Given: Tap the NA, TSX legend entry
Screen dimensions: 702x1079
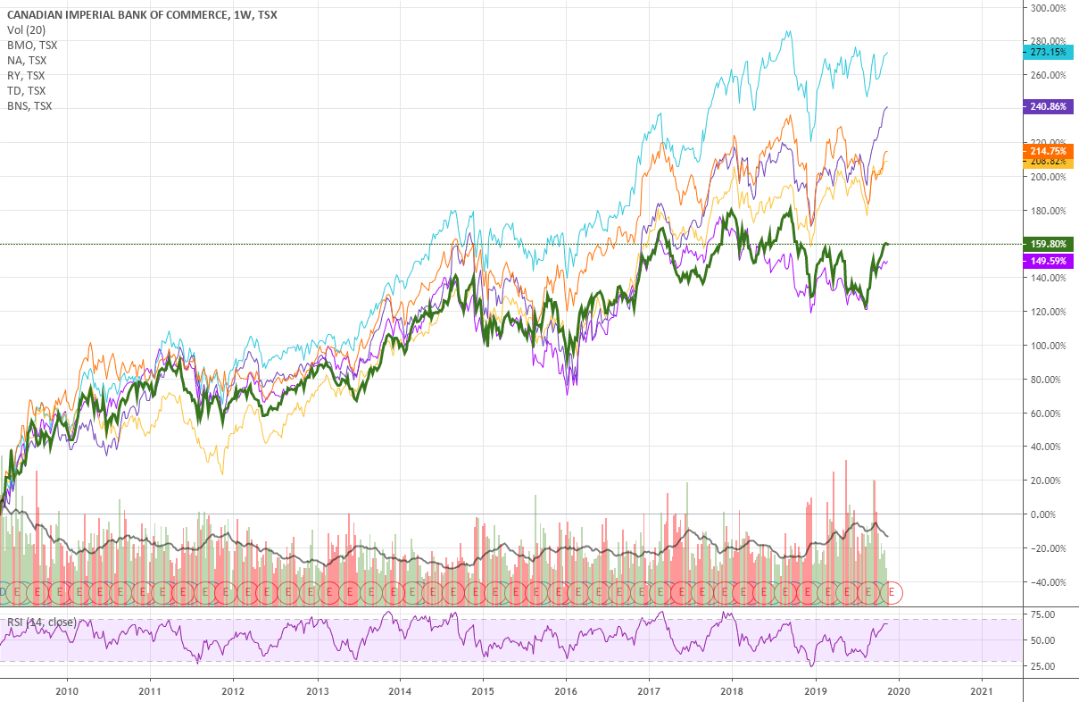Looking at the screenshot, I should coord(26,60).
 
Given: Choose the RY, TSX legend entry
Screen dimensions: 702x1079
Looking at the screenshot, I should coord(26,75).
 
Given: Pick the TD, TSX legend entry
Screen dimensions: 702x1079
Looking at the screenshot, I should coord(26,90).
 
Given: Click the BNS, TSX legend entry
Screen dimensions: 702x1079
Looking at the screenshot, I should coord(29,105).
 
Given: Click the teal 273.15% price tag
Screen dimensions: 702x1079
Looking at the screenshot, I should coord(1048,52).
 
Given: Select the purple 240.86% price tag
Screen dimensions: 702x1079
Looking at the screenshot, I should coord(1048,105).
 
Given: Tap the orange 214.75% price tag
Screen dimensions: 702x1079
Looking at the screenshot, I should coord(1048,151).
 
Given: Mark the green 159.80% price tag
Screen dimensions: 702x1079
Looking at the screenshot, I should coord(1048,244).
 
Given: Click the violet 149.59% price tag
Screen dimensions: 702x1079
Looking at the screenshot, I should coord(1048,261).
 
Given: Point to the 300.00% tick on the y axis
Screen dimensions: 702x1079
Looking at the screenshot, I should coord(1048,8).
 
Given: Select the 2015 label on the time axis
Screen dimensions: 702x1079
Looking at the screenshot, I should coord(483,690).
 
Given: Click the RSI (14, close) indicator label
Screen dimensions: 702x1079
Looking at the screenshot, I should coord(39,623).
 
